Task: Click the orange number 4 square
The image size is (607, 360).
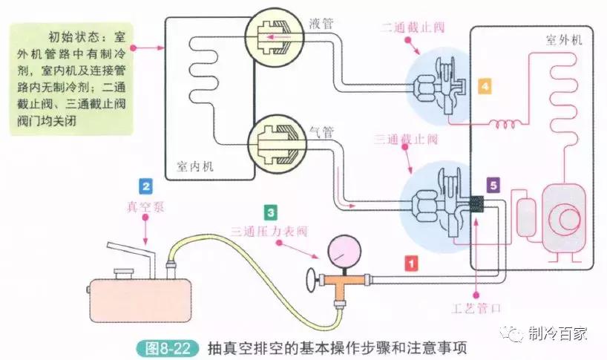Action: (x=485, y=86)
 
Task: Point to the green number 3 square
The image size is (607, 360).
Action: (x=272, y=212)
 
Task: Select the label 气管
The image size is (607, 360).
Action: (x=321, y=132)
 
